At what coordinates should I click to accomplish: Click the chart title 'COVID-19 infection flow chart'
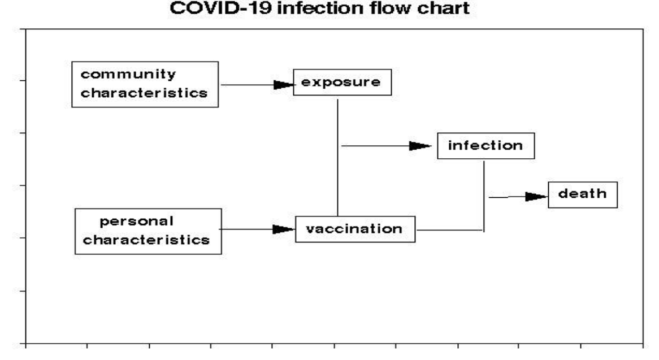pos(319,8)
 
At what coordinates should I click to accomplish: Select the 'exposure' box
pos(342,83)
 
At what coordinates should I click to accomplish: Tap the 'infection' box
pos(486,146)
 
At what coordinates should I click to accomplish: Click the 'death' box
pos(583,195)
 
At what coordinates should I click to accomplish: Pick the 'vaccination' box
pos(355,229)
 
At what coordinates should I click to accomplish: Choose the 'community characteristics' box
pos(145,84)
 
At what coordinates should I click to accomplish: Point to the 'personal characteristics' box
pos(148,232)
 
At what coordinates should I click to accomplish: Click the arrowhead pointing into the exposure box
pos(284,85)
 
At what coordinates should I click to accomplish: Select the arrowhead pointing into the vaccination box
pos(284,229)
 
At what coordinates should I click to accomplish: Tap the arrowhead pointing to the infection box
pos(420,146)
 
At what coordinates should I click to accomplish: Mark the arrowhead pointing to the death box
pos(537,197)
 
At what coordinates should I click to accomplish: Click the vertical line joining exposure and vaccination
pos(337,158)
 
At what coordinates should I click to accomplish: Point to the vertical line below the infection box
pos(484,196)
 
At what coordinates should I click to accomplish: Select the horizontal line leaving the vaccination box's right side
pos(450,230)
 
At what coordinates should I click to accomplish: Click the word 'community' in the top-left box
pos(128,75)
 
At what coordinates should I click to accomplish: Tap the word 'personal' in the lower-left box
pos(137,222)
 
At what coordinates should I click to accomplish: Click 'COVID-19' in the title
pos(220,8)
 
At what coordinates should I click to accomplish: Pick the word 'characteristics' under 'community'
pos(144,93)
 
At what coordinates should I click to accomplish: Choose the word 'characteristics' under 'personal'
pos(146,240)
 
